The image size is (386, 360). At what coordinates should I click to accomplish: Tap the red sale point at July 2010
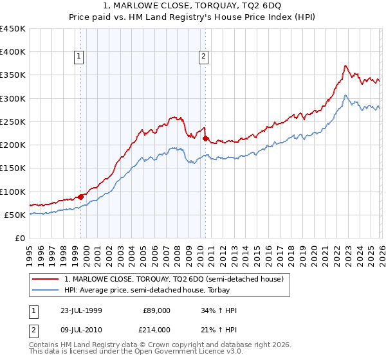click(x=205, y=138)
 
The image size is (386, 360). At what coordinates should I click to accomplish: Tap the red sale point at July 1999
click(x=81, y=197)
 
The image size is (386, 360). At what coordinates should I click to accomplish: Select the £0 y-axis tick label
click(x=19, y=238)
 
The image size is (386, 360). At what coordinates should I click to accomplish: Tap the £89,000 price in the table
click(x=157, y=310)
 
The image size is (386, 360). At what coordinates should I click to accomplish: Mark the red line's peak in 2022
click(x=345, y=66)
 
